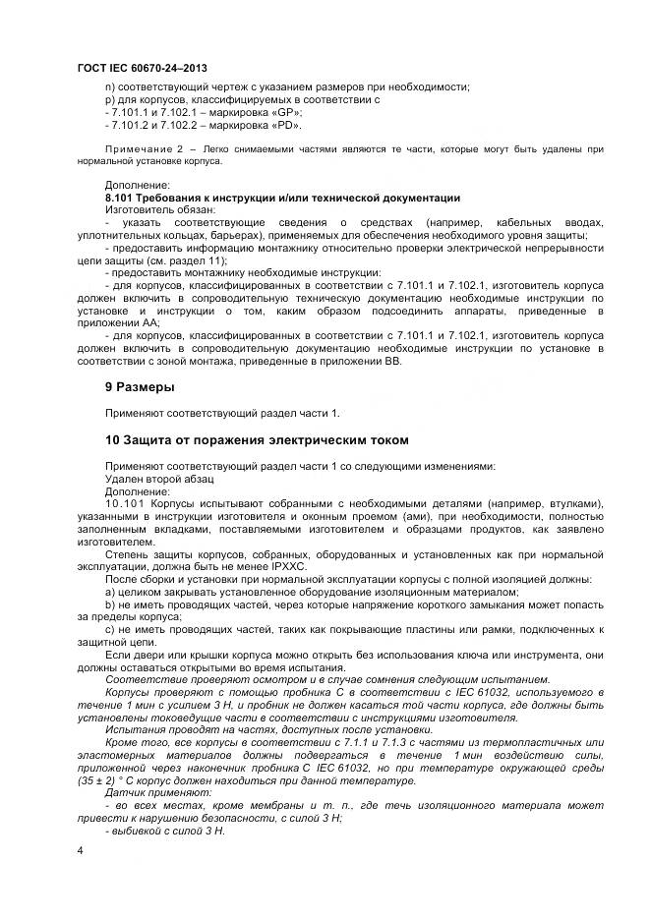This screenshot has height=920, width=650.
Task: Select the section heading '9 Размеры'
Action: tap(140, 386)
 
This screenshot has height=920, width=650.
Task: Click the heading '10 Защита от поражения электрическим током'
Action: tap(257, 439)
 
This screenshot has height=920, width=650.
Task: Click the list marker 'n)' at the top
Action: tap(108, 87)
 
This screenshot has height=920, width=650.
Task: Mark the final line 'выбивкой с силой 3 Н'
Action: tap(167, 832)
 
